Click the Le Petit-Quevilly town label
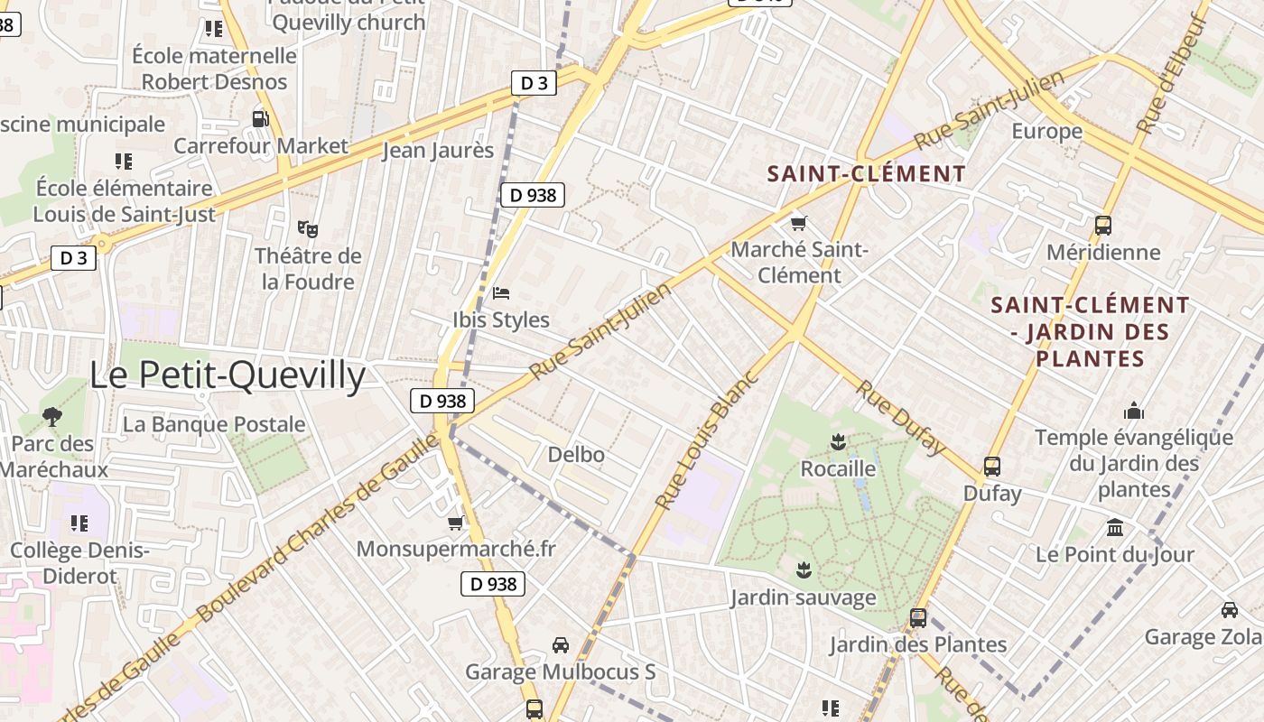(x=228, y=375)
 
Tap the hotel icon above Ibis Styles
(x=501, y=292)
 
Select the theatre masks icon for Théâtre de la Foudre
(x=308, y=228)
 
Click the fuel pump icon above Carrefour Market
(x=260, y=118)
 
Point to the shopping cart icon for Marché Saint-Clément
(x=798, y=223)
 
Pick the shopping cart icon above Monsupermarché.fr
(x=456, y=523)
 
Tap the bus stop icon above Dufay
(x=992, y=467)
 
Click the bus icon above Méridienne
(x=1102, y=226)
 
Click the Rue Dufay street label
(x=900, y=417)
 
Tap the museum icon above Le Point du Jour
(x=1115, y=527)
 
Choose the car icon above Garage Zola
(x=1229, y=610)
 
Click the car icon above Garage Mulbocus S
(x=561, y=645)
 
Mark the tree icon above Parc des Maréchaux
(x=52, y=417)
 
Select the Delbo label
(x=576, y=455)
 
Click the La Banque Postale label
(x=214, y=424)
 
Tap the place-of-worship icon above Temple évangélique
(x=1134, y=412)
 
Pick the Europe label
(x=1046, y=132)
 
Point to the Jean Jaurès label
(x=439, y=151)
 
